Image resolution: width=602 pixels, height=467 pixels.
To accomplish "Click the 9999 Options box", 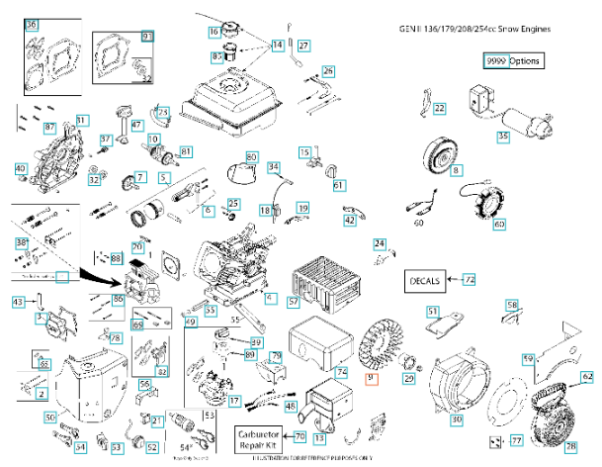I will coord(513,61).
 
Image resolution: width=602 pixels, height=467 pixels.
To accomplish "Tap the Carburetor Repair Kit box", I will coord(260,436).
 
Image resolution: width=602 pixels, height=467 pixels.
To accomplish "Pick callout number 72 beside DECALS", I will coord(470,281).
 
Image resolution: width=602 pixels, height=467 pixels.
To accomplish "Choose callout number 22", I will coord(440,108).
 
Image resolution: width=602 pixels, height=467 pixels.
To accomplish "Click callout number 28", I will coord(570,446).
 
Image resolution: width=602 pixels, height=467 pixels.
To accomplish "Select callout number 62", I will coord(587,377).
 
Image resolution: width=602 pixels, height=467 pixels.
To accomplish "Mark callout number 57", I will coord(293,300).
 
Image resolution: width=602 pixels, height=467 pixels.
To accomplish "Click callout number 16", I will coord(214,32).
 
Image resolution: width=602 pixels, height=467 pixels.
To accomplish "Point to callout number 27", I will coord(303,46).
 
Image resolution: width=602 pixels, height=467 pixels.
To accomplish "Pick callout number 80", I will coord(251,158).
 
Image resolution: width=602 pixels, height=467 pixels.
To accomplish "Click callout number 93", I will coord(147,37).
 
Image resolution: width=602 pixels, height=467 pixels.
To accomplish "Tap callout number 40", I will coord(21,169).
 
